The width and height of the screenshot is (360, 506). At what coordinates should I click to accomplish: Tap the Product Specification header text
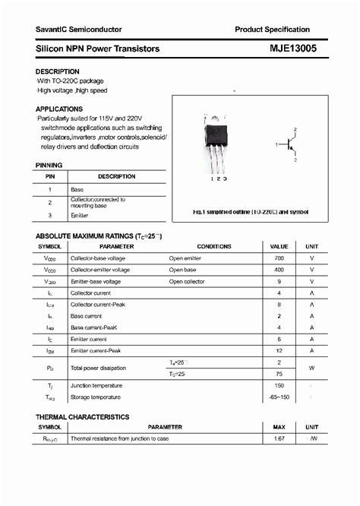tap(272, 29)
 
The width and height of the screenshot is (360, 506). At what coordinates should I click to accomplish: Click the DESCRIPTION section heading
tap(58, 71)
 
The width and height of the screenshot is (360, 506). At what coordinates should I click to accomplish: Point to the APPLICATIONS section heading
tap(59, 109)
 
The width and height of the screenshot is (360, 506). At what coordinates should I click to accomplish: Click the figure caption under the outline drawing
tap(249, 211)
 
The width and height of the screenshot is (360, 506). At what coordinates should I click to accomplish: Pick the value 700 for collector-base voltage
tap(279, 258)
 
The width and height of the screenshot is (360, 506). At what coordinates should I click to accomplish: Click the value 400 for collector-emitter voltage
tap(279, 270)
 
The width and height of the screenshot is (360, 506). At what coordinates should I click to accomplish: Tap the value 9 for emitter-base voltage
tap(279, 281)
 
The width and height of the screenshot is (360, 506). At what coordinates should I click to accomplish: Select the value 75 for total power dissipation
tap(279, 374)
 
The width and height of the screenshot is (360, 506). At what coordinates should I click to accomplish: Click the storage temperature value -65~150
tap(279, 397)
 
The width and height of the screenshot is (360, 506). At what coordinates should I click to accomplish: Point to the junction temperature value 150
tap(279, 386)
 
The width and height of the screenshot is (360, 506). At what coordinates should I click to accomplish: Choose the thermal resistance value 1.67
tap(279, 438)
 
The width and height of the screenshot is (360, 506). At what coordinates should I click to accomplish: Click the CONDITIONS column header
tap(214, 247)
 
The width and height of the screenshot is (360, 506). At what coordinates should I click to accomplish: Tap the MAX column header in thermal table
tap(279, 427)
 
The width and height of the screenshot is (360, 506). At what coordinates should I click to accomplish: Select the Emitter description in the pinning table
tap(80, 216)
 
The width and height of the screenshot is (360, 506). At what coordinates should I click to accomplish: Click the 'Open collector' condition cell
tap(187, 281)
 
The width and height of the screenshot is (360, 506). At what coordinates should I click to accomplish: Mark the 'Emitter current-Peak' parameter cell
tap(96, 350)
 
